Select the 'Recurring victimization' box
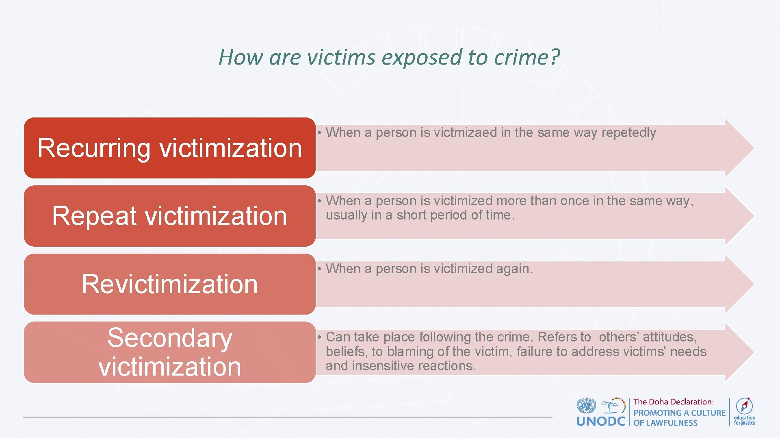coord(169,148)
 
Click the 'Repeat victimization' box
coord(169,216)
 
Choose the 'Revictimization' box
coord(169,284)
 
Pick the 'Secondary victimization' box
coord(169,352)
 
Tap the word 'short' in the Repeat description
coord(412,215)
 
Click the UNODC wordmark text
coord(601,421)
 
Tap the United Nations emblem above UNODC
coord(586,406)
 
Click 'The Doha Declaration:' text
coord(673,402)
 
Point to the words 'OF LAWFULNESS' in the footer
coord(665,423)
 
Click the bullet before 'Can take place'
coord(320,337)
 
